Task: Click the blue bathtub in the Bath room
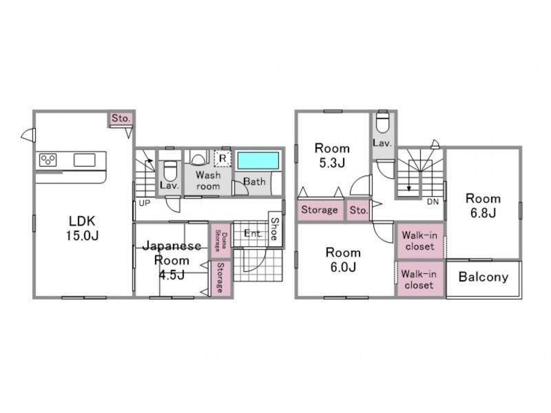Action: (258, 160)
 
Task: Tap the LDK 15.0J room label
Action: (82, 229)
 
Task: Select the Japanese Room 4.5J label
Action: (171, 260)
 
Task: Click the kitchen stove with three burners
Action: (48, 160)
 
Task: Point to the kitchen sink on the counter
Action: (84, 160)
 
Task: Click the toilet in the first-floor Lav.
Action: (170, 170)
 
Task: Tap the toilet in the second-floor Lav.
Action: (382, 122)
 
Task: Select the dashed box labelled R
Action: (222, 159)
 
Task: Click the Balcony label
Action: (484, 277)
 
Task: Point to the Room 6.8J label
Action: (483, 206)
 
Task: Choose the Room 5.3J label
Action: (332, 156)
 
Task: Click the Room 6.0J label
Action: (343, 260)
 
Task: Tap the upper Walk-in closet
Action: (420, 241)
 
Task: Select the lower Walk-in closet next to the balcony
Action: (419, 279)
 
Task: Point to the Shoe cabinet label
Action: (274, 229)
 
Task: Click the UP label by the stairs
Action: (145, 203)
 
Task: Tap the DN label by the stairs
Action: (433, 202)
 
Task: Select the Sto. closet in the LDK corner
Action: (121, 118)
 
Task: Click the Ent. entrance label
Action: (253, 233)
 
